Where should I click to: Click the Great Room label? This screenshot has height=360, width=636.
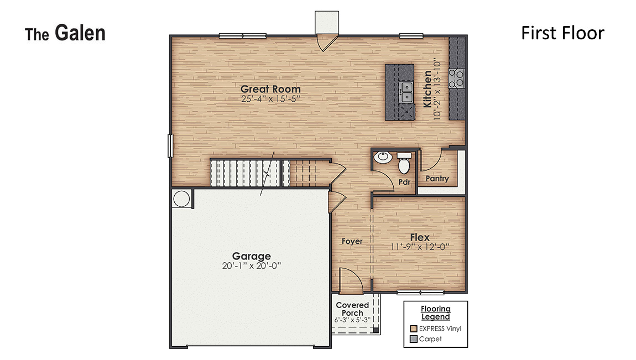[270, 88]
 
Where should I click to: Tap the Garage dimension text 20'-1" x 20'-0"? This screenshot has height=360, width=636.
[251, 265]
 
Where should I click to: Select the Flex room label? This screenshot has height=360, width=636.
[420, 237]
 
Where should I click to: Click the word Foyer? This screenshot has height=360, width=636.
[352, 241]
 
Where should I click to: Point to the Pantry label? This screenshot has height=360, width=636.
[437, 179]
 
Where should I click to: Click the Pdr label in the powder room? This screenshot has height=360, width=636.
[404, 181]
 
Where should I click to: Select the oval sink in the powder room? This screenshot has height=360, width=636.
[382, 158]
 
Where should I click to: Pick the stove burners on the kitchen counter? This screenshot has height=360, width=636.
[457, 79]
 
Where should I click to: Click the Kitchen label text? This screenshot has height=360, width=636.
[428, 88]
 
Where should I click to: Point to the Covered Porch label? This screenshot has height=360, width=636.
[352, 309]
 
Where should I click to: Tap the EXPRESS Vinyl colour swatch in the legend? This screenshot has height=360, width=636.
[412, 328]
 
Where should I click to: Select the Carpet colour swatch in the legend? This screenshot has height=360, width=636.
[412, 339]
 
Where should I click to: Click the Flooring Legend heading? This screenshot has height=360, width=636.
[435, 312]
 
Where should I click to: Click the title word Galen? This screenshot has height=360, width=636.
[80, 33]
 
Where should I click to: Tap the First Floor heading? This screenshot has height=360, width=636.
[562, 33]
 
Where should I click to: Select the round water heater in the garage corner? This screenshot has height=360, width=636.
[181, 198]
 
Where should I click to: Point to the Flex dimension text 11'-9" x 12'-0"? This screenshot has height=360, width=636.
[420, 247]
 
